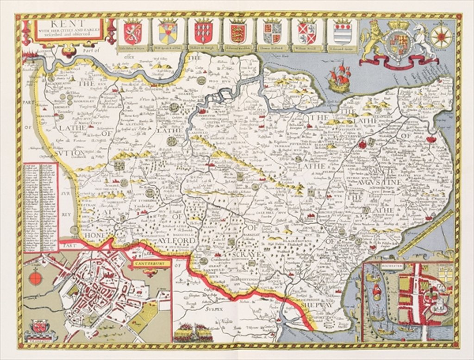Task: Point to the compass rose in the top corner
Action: coord(441,37)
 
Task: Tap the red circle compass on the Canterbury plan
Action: coord(36,278)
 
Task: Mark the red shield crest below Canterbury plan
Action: coord(39,327)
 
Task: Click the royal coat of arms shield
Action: coord(399,43)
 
